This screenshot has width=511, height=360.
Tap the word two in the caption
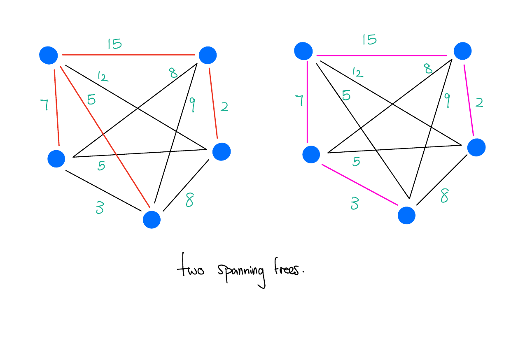(190, 271)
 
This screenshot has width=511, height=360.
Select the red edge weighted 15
(128, 55)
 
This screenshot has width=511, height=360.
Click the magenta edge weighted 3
(360, 185)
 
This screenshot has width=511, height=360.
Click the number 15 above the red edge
(114, 44)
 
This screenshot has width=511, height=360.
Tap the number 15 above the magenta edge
(369, 39)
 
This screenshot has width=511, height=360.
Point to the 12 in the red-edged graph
(103, 77)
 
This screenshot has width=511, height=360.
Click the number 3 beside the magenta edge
(354, 203)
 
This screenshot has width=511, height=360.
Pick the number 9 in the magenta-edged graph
(447, 100)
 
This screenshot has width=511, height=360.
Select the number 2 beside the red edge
(224, 107)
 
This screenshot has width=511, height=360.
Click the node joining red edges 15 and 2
(208, 55)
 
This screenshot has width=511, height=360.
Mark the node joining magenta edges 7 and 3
(311, 155)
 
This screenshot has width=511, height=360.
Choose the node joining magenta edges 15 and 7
(303, 51)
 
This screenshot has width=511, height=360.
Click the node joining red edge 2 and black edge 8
(222, 151)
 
